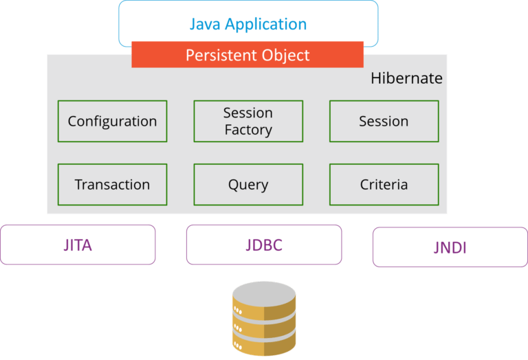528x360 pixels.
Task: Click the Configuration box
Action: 112,122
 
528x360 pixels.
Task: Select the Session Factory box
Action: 248,122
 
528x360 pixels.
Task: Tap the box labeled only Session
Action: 384,122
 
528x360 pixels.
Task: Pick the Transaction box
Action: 112,185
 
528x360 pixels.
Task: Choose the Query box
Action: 248,185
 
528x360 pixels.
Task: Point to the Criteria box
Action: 384,185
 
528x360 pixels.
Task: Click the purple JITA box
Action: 78,245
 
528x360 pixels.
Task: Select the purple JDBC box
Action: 264,245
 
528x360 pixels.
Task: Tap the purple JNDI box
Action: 450,247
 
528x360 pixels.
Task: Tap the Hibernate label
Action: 406,78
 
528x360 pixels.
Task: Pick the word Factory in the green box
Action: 248,130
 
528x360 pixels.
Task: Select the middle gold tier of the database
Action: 264,326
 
